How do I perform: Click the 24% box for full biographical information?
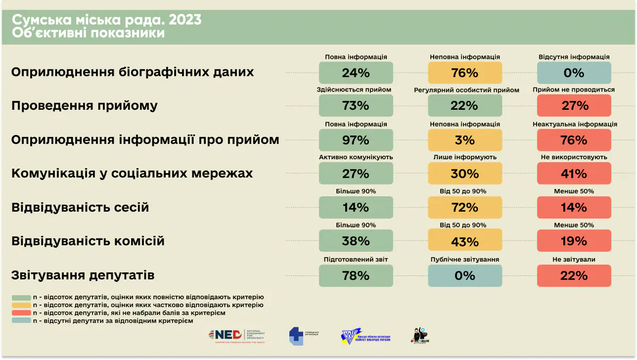pos(356,73)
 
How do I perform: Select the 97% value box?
pos(356,140)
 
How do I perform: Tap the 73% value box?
pos(356,106)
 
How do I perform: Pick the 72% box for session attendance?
pos(464,207)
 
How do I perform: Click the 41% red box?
pos(574,174)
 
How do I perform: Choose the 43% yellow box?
pos(464,242)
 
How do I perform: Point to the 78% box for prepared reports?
pos(356,276)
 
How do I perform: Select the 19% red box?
pos(574,242)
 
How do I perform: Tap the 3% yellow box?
pos(464,140)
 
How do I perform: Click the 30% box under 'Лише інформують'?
pos(464,174)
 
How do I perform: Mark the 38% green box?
pos(356,242)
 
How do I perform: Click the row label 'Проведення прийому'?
pos(84,106)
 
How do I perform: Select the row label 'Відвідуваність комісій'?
pos(88,242)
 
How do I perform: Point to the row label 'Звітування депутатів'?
pos(83,276)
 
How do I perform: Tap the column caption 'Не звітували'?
pos(573,260)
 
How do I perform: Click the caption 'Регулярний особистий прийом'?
pos(467,90)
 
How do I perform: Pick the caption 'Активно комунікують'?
pos(356,157)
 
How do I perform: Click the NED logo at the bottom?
pos(237,336)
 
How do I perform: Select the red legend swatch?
pos(21,313)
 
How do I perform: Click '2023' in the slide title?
pos(185,20)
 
